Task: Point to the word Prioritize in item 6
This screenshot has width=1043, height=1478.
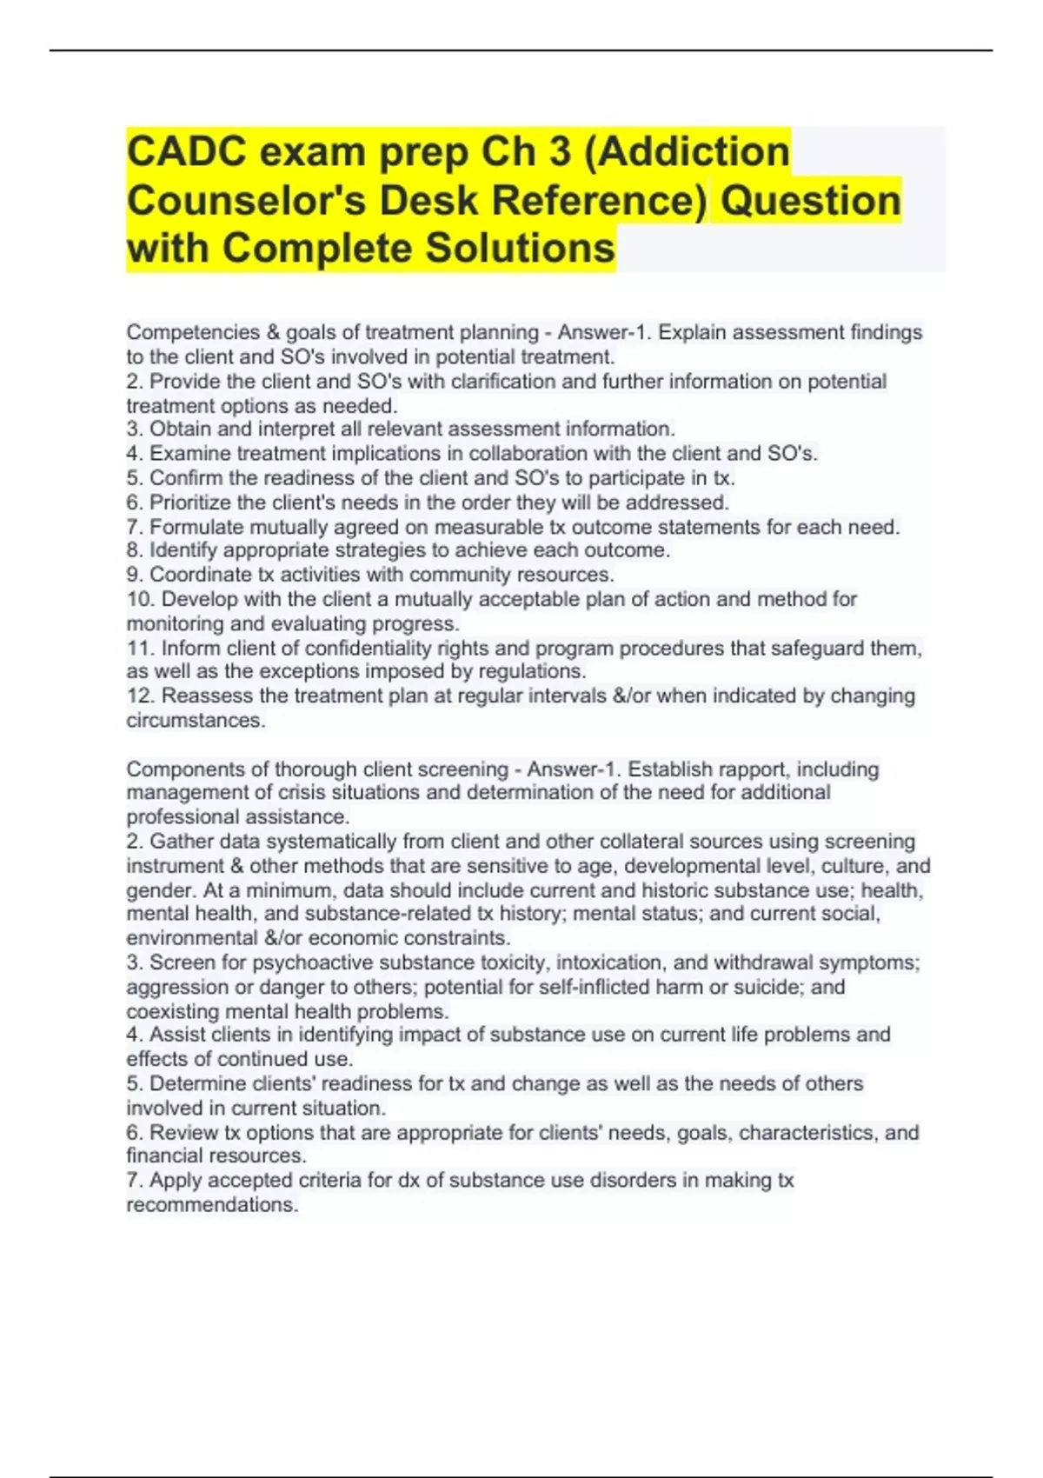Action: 191,503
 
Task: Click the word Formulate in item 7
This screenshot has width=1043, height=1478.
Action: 196,527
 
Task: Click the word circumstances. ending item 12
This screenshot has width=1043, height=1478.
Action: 196,720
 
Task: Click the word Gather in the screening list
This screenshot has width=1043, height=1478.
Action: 181,842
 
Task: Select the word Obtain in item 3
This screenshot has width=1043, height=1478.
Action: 179,429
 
